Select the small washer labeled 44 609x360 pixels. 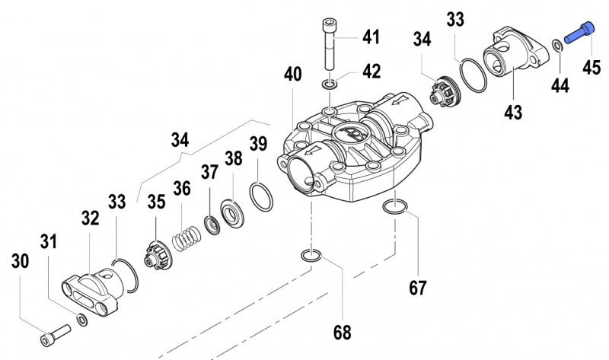pos(559,47)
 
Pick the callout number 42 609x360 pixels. pos(371,72)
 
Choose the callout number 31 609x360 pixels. pos(49,242)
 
